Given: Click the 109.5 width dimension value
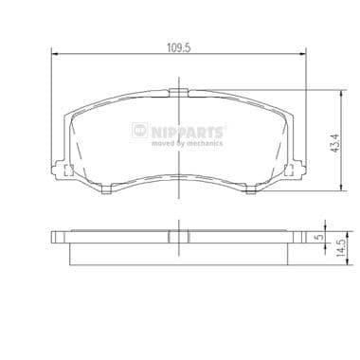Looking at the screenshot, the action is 179,47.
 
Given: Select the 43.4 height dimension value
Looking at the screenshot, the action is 334,143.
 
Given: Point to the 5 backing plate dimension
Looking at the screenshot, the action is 321,237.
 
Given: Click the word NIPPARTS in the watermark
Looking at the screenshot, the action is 188,132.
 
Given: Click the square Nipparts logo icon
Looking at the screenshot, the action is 139,130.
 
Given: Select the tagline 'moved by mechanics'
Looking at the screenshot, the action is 187,143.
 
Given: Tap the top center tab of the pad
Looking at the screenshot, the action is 179,93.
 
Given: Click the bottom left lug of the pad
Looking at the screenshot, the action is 107,189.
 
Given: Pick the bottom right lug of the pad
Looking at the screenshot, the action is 251,189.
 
